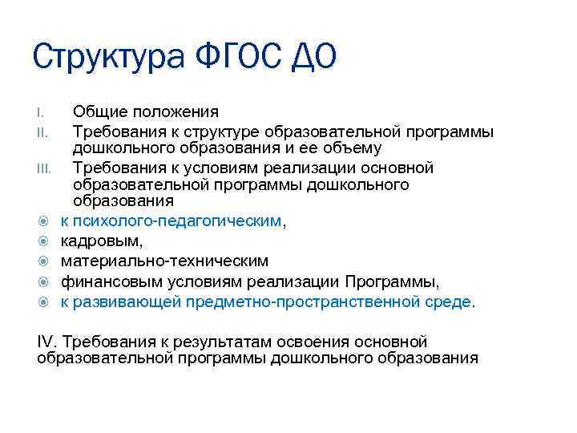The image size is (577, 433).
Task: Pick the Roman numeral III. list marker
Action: (44, 168)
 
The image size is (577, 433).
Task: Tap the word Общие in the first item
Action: (98, 112)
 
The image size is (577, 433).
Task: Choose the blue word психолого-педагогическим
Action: (177, 221)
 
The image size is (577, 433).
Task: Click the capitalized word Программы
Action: (393, 281)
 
